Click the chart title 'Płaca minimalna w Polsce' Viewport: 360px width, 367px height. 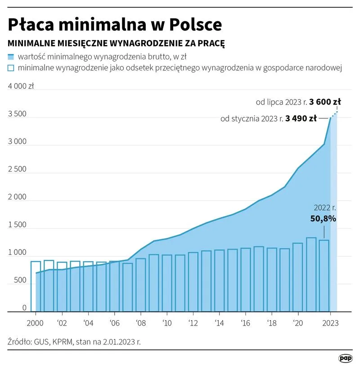(x=115, y=24)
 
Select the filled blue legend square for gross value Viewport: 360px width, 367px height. (x=11, y=57)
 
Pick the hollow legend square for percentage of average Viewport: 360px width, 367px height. (x=11, y=68)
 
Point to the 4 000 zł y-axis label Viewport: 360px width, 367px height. (x=21, y=86)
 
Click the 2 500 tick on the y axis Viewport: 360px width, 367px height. (x=18, y=169)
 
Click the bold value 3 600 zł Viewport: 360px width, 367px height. (x=325, y=102)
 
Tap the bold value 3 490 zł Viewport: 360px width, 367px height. (x=301, y=119)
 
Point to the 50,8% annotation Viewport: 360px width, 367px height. (x=323, y=219)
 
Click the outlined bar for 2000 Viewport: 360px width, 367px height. (x=36, y=286)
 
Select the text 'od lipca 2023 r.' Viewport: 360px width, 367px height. (x=281, y=102)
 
